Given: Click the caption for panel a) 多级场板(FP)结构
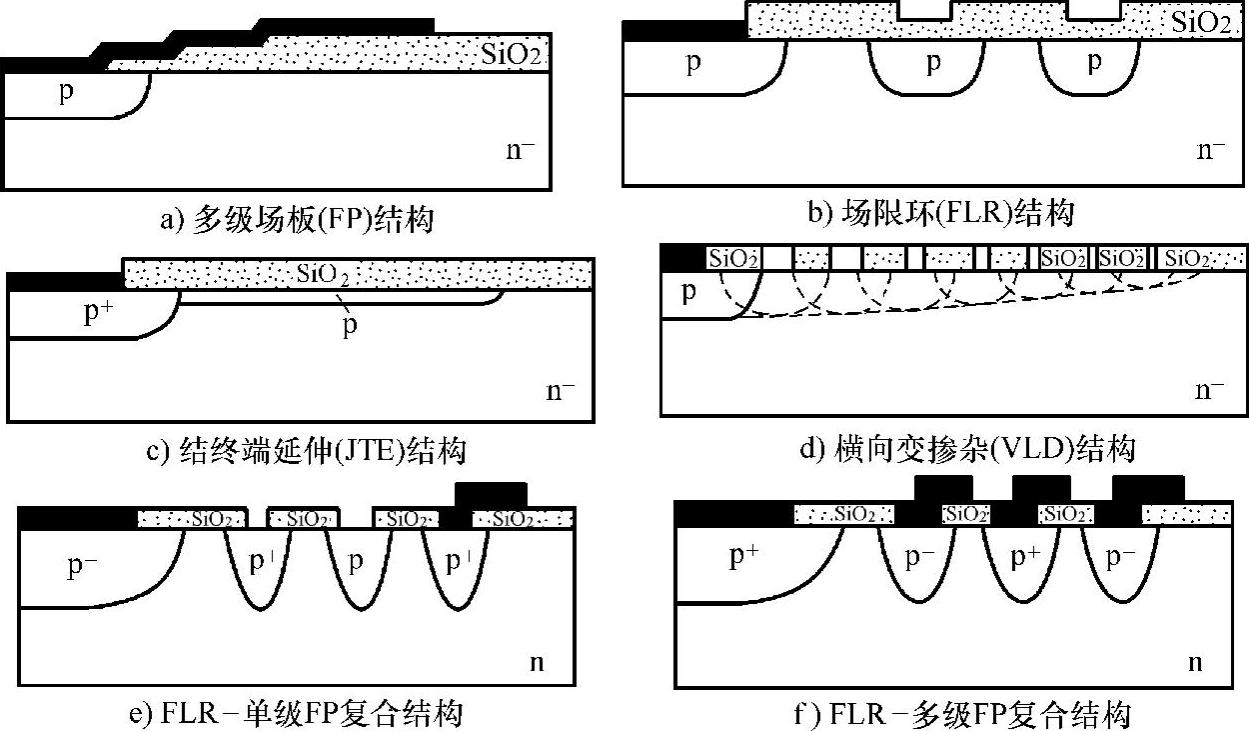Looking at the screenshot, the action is pyautogui.click(x=297, y=219).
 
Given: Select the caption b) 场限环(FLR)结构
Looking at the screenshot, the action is pyautogui.click(x=941, y=212).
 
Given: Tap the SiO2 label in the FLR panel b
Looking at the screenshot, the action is pyautogui.click(x=1200, y=22).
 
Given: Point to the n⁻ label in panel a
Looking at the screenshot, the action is pyautogui.click(x=521, y=151).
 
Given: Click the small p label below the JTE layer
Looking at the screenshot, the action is pyautogui.click(x=350, y=326).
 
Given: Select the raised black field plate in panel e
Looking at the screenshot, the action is pyautogui.click(x=490, y=494).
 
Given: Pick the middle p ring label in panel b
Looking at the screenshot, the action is pyautogui.click(x=933, y=63).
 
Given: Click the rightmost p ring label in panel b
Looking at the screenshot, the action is pyautogui.click(x=1094, y=63).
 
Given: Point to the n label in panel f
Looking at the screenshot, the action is pyautogui.click(x=1194, y=663).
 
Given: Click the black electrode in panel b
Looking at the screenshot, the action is pyautogui.click(x=683, y=31).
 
